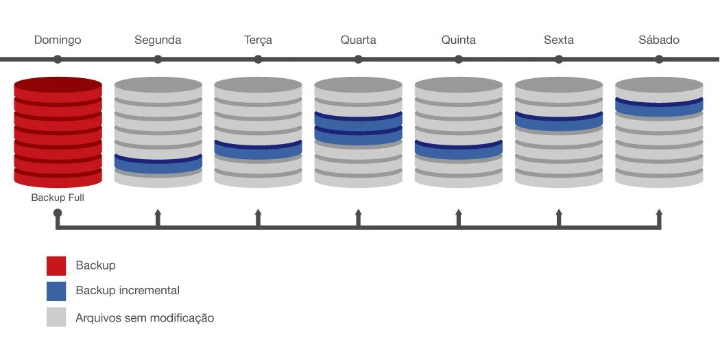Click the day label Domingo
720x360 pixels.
[x=58, y=40]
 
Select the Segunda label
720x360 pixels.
[x=158, y=40]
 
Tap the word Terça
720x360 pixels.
[x=258, y=40]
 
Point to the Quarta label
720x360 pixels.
[x=358, y=40]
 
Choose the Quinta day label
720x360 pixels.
[x=458, y=40]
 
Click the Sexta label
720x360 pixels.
[x=558, y=40]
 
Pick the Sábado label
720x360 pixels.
[x=658, y=40]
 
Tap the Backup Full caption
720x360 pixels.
[x=58, y=197]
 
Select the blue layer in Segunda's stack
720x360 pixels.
[x=158, y=164]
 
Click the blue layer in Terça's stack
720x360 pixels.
[x=258, y=149]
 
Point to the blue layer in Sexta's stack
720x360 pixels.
[x=558, y=121]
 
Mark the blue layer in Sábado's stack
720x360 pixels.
[x=658, y=106]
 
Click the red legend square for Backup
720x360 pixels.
[x=56, y=265]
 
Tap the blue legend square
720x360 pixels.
[x=56, y=291]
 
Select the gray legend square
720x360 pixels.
[x=56, y=317]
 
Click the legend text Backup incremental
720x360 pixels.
[x=128, y=291]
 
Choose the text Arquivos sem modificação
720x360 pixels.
[x=145, y=318]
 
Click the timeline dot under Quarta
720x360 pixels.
[x=358, y=60]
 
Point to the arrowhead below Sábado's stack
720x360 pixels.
[x=659, y=213]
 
